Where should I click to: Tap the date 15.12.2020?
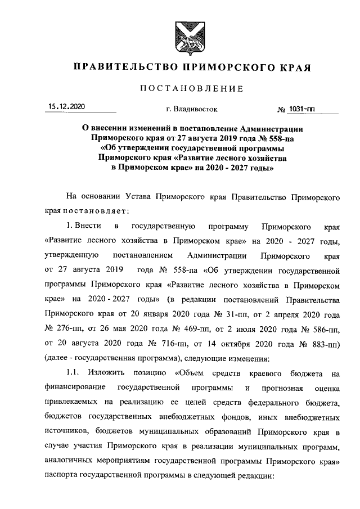[66, 106]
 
